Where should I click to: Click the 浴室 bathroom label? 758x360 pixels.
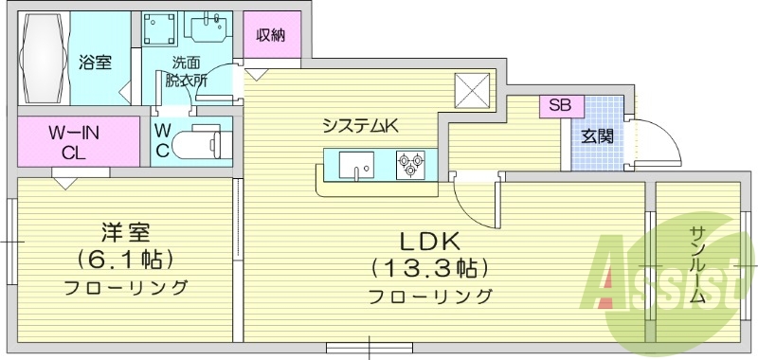pos(95,63)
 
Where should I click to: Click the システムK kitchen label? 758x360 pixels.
pos(360,124)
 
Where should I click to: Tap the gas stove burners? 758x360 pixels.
pos(410,164)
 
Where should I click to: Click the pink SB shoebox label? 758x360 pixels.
pos(560,105)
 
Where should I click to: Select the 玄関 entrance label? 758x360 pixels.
pos(597,135)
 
